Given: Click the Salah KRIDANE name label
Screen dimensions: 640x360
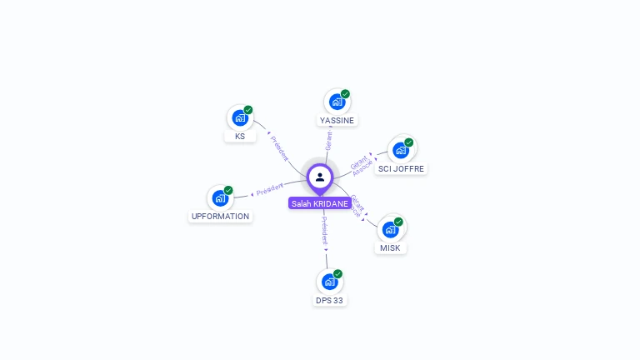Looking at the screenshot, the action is click(x=320, y=203).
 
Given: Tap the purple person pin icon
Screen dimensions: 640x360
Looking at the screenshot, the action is click(x=320, y=177).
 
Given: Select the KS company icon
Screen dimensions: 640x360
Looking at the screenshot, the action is click(x=240, y=118).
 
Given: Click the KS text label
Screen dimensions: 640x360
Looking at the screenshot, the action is click(x=240, y=136).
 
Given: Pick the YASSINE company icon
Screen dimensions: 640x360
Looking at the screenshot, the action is click(x=337, y=102).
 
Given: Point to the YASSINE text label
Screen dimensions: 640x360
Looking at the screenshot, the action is click(x=337, y=120).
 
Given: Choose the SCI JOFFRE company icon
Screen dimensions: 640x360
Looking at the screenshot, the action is click(x=401, y=150).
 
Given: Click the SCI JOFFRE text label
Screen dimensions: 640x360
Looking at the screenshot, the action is click(x=401, y=168).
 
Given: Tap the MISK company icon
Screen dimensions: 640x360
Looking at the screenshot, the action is click(x=390, y=229).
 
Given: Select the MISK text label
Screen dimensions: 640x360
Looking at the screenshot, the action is click(x=390, y=248).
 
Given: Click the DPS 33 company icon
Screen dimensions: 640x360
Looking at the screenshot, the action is click(x=329, y=282).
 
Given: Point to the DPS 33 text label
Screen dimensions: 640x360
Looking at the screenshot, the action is click(x=329, y=300).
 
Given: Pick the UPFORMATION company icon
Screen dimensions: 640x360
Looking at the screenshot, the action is click(x=220, y=198).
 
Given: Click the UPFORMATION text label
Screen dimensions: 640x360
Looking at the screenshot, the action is click(x=220, y=217).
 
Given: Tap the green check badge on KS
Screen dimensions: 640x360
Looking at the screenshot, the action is click(x=248, y=110).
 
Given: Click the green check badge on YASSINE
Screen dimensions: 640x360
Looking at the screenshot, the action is click(x=345, y=94).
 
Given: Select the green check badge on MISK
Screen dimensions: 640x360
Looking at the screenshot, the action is click(x=398, y=222).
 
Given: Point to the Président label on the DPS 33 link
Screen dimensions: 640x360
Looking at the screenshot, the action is click(x=324, y=231).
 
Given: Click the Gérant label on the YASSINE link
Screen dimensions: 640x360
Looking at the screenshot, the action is click(x=328, y=140).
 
